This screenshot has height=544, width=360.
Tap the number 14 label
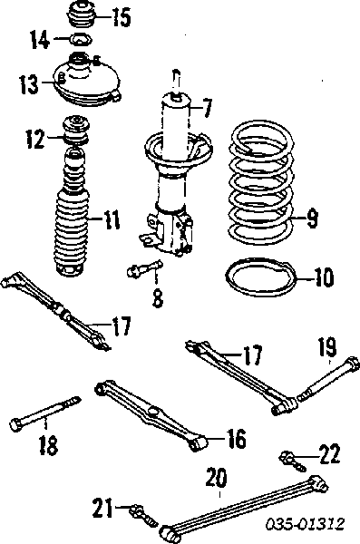coord(40,40)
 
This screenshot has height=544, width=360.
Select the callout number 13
coord(29,84)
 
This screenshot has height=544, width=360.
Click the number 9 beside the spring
coord(312,219)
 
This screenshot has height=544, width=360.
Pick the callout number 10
coord(323,277)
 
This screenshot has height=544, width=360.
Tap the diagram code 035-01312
coord(306,523)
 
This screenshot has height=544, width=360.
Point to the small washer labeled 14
coord(81,39)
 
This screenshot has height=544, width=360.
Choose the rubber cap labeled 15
coord(81,15)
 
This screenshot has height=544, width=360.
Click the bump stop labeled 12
coord(75,131)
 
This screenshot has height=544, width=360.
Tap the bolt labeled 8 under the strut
coord(145,267)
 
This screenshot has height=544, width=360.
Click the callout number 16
coord(236,438)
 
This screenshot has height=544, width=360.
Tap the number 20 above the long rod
coord(216,477)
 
